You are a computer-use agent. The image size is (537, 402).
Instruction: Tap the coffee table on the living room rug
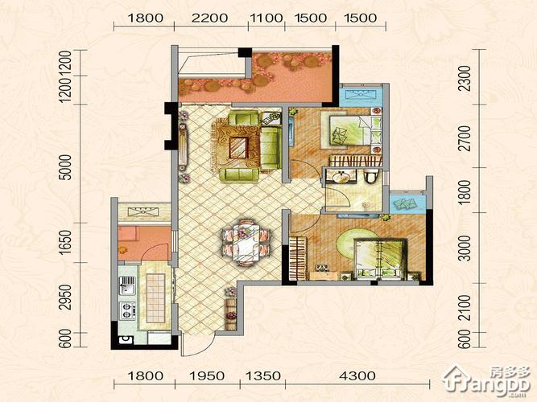tap(238, 147)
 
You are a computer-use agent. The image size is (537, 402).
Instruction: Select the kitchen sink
tap(126, 285)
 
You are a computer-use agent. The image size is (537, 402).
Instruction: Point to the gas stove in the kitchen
tap(127, 310)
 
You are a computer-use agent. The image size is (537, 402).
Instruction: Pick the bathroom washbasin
tap(341, 176)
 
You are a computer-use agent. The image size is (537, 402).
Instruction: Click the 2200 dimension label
tap(209, 18)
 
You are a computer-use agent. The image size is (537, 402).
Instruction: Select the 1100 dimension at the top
tap(266, 18)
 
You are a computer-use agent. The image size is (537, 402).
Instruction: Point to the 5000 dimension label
tap(65, 167)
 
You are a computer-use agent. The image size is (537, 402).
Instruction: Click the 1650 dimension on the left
tap(65, 242)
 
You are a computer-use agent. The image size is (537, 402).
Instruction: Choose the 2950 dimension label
tap(65, 297)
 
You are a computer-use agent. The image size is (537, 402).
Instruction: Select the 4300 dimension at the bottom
tap(357, 376)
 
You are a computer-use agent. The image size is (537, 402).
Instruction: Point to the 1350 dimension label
tap(263, 376)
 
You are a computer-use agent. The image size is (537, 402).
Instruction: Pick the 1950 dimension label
tap(207, 376)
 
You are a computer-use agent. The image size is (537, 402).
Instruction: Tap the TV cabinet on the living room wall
tap(183, 147)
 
